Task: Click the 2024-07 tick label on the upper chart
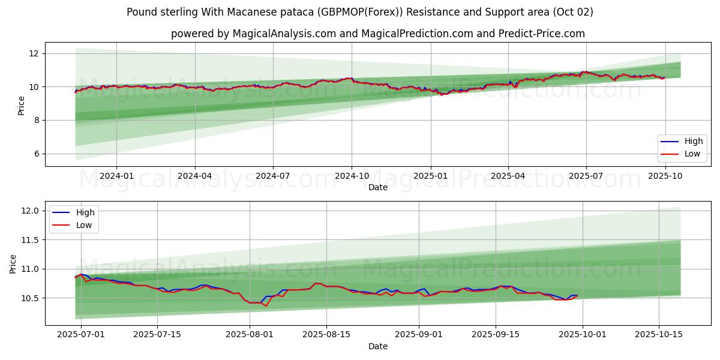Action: (x=273, y=176)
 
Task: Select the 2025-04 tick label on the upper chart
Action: (x=508, y=176)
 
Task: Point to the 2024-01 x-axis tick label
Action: (x=116, y=176)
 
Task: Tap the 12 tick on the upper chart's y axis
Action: (x=34, y=53)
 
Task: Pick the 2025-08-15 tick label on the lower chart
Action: (x=326, y=335)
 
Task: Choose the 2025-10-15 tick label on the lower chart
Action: (x=659, y=335)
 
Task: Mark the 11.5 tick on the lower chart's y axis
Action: (x=30, y=240)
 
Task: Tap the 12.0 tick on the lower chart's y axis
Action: (x=30, y=211)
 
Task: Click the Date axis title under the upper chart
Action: (x=378, y=187)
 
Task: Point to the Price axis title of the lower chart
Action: (x=13, y=263)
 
